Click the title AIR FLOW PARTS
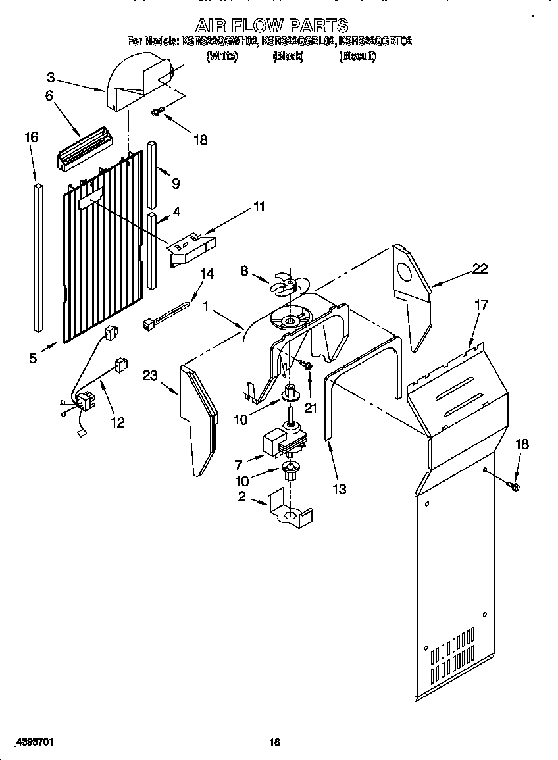click(272, 26)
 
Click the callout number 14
click(207, 274)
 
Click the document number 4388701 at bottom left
click(32, 742)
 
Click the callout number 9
click(175, 184)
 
